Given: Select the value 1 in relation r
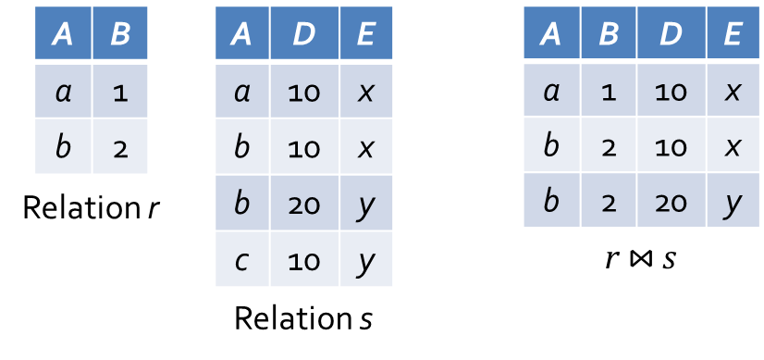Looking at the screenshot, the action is tap(120, 93).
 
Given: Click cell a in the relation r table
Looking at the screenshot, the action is tap(63, 93).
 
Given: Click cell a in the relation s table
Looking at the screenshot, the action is tap(242, 93).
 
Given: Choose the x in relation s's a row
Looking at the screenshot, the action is tap(365, 93).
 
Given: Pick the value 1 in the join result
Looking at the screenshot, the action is tap(608, 93).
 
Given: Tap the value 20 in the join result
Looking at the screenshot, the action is tap(671, 202).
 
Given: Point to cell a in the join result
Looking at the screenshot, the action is tap(551, 93).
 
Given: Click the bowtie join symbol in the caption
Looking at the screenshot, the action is tap(640, 259).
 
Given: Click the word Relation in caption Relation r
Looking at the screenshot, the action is tap(80, 209).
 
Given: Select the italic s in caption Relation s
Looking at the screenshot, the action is tap(365, 320).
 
